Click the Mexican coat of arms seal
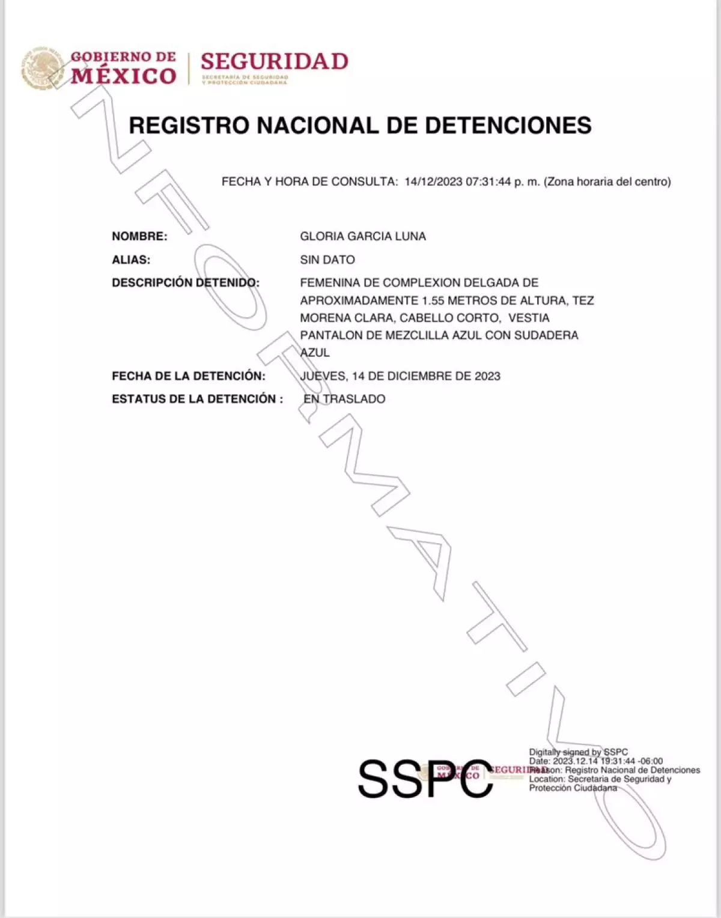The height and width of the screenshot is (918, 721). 43,68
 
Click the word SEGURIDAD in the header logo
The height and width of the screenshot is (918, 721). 274,62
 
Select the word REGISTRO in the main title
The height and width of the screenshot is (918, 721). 189,125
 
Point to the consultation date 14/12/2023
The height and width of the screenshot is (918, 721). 433,181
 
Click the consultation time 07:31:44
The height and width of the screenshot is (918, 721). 488,181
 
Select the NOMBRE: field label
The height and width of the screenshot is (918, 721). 139,236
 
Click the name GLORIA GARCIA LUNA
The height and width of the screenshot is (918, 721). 363,236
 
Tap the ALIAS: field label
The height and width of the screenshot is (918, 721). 131,260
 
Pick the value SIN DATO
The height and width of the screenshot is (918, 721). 327,260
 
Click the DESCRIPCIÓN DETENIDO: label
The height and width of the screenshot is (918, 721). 186,282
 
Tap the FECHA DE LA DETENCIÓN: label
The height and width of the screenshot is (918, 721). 189,376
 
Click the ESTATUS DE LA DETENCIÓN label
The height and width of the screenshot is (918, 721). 194,399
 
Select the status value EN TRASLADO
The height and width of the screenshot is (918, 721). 344,399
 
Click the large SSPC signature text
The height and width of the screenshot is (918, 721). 425,779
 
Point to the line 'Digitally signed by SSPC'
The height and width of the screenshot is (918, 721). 578,752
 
